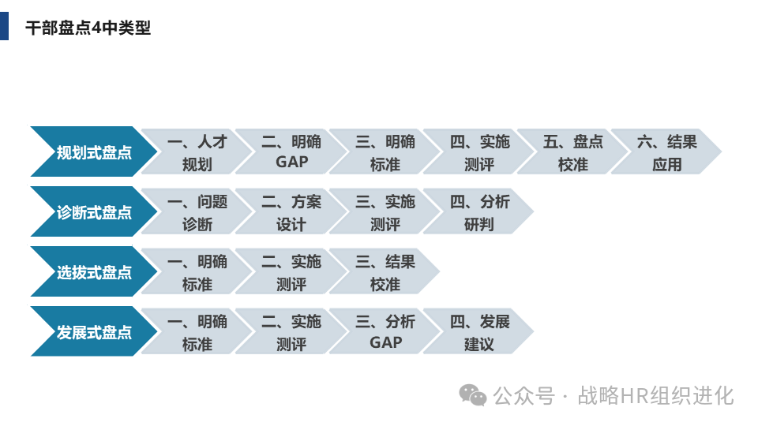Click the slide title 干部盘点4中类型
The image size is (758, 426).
[x=88, y=28]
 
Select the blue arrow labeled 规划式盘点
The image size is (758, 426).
[x=93, y=152]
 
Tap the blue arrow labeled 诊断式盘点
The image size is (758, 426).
[x=93, y=212]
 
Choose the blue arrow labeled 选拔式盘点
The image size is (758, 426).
[x=93, y=272]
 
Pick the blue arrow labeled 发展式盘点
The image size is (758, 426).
[x=93, y=332]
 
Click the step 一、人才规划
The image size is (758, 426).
[x=197, y=152]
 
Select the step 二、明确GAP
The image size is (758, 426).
[x=291, y=152]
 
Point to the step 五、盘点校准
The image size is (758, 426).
[x=572, y=152]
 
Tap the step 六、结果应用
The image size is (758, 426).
[x=666, y=152]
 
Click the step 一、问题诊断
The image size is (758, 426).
[x=197, y=212]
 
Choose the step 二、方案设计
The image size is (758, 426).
[x=291, y=212]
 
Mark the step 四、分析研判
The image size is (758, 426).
[x=479, y=212]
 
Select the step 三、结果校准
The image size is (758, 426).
[x=385, y=272]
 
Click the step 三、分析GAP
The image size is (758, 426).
[x=385, y=332]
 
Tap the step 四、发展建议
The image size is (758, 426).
[x=479, y=332]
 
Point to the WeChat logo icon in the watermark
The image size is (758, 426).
[x=474, y=394]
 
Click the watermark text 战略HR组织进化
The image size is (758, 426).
[x=655, y=395]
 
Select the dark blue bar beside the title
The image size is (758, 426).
[x=4, y=25]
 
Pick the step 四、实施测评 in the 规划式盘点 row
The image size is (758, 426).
[x=479, y=152]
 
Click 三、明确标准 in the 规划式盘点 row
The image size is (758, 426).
[x=385, y=152]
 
